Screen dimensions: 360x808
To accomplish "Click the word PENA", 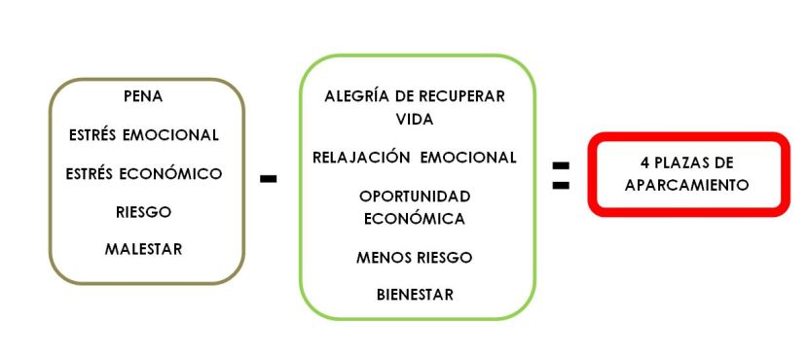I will tap(143, 97).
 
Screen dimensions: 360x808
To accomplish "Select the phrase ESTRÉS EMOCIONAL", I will tap(143, 134).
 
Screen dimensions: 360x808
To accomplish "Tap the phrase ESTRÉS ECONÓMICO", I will tap(143, 173).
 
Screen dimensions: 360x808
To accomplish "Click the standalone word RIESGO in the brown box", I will tap(143, 211).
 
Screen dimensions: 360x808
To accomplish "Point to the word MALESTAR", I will tap(143, 249).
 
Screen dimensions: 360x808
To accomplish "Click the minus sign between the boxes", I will tap(270, 179).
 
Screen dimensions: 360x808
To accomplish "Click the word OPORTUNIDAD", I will tap(415, 197).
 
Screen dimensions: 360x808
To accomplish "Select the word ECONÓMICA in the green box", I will tap(415, 218).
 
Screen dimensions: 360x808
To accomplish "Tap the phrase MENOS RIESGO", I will tap(415, 257).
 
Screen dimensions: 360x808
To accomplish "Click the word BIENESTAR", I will tap(415, 295).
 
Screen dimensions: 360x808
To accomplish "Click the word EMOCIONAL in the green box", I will tap(467, 157).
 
